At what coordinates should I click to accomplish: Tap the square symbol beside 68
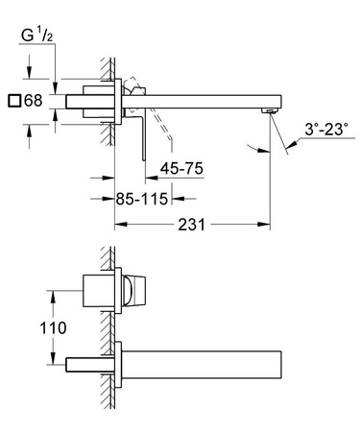[x=12, y=101]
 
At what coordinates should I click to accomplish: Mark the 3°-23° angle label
[x=321, y=126]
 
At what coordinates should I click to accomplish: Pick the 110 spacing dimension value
[x=54, y=327]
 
